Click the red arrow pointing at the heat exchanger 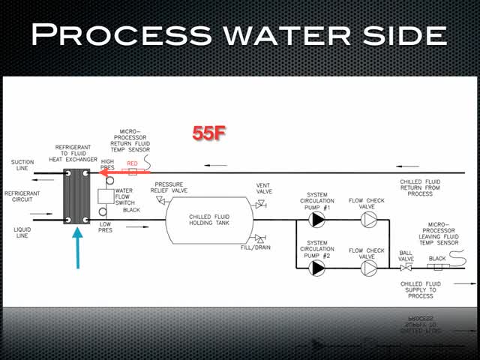coord(120,172)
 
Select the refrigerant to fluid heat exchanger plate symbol coord(76,196)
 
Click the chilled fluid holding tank coord(209,220)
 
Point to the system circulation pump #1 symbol coord(318,220)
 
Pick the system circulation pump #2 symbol coord(318,267)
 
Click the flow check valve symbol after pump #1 coord(367,220)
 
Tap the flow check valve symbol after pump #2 coord(367,267)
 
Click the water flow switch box coord(103,197)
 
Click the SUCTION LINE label coord(22,166)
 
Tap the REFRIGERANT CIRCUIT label coord(23,196)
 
